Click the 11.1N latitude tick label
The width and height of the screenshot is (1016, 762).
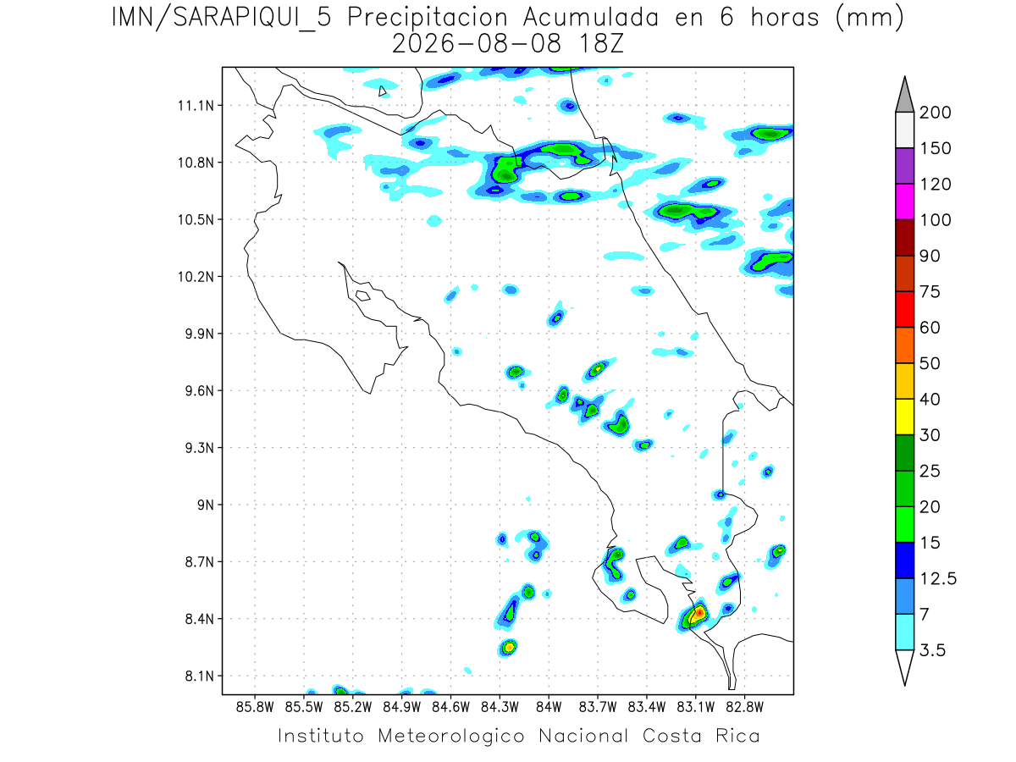click(196, 106)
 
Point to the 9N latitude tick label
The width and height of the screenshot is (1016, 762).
click(206, 505)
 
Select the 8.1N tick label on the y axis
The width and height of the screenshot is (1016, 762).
click(200, 676)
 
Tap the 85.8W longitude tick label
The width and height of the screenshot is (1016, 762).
click(255, 708)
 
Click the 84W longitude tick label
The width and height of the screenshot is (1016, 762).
click(549, 708)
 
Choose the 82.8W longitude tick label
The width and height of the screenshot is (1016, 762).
click(744, 708)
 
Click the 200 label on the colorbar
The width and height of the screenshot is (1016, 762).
click(935, 113)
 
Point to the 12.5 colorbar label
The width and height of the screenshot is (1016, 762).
click(938, 579)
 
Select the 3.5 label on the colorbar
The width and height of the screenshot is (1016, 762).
click(932, 650)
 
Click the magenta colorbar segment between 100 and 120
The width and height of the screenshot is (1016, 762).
click(904, 202)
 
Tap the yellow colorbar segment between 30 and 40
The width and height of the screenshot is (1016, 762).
click(904, 417)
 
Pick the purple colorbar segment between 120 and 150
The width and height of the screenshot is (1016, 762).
click(904, 166)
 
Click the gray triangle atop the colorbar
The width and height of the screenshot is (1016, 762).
click(904, 95)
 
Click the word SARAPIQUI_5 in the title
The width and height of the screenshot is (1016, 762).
click(252, 19)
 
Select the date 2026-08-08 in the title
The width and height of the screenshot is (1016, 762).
click(477, 44)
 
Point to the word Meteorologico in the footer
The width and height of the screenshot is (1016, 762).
click(450, 736)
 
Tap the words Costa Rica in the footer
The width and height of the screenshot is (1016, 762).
click(701, 736)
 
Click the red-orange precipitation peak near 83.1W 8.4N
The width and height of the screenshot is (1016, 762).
click(699, 612)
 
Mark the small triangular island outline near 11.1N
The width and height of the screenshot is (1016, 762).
click(382, 91)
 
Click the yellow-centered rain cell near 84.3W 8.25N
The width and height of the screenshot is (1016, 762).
click(509, 647)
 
